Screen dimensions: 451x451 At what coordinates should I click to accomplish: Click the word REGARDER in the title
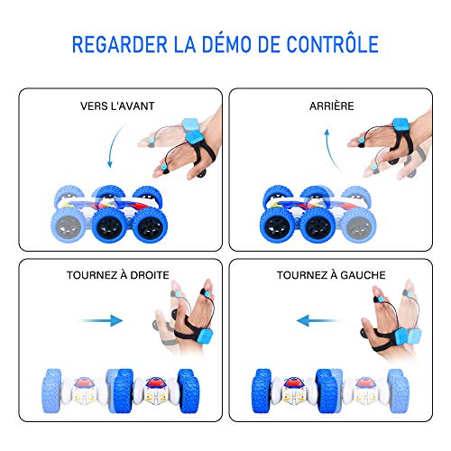click(x=120, y=44)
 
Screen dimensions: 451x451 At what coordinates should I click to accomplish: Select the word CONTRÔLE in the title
click(x=332, y=44)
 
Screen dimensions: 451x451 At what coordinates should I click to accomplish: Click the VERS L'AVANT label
click(x=117, y=106)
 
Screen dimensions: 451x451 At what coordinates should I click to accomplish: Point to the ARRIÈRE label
click(x=332, y=106)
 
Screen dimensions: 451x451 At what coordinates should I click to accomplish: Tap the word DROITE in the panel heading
click(x=150, y=275)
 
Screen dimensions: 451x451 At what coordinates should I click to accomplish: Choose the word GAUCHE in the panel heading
click(x=363, y=275)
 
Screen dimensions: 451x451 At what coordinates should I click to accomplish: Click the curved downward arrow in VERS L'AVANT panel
click(x=114, y=145)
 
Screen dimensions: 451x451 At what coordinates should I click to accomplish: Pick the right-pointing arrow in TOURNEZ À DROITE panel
click(x=101, y=321)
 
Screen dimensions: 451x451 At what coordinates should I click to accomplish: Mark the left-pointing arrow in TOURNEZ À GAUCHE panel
click(x=318, y=321)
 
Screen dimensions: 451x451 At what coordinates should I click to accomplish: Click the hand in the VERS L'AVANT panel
click(x=183, y=144)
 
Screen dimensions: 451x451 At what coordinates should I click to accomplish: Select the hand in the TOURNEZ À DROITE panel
click(x=188, y=318)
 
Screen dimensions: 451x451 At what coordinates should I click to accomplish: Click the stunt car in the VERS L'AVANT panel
click(x=109, y=214)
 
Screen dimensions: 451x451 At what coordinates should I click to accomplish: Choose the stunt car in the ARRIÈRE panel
click(x=318, y=214)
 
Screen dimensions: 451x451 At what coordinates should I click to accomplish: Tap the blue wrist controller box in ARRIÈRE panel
click(x=400, y=127)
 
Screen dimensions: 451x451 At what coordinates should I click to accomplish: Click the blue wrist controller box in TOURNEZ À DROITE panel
click(x=206, y=338)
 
